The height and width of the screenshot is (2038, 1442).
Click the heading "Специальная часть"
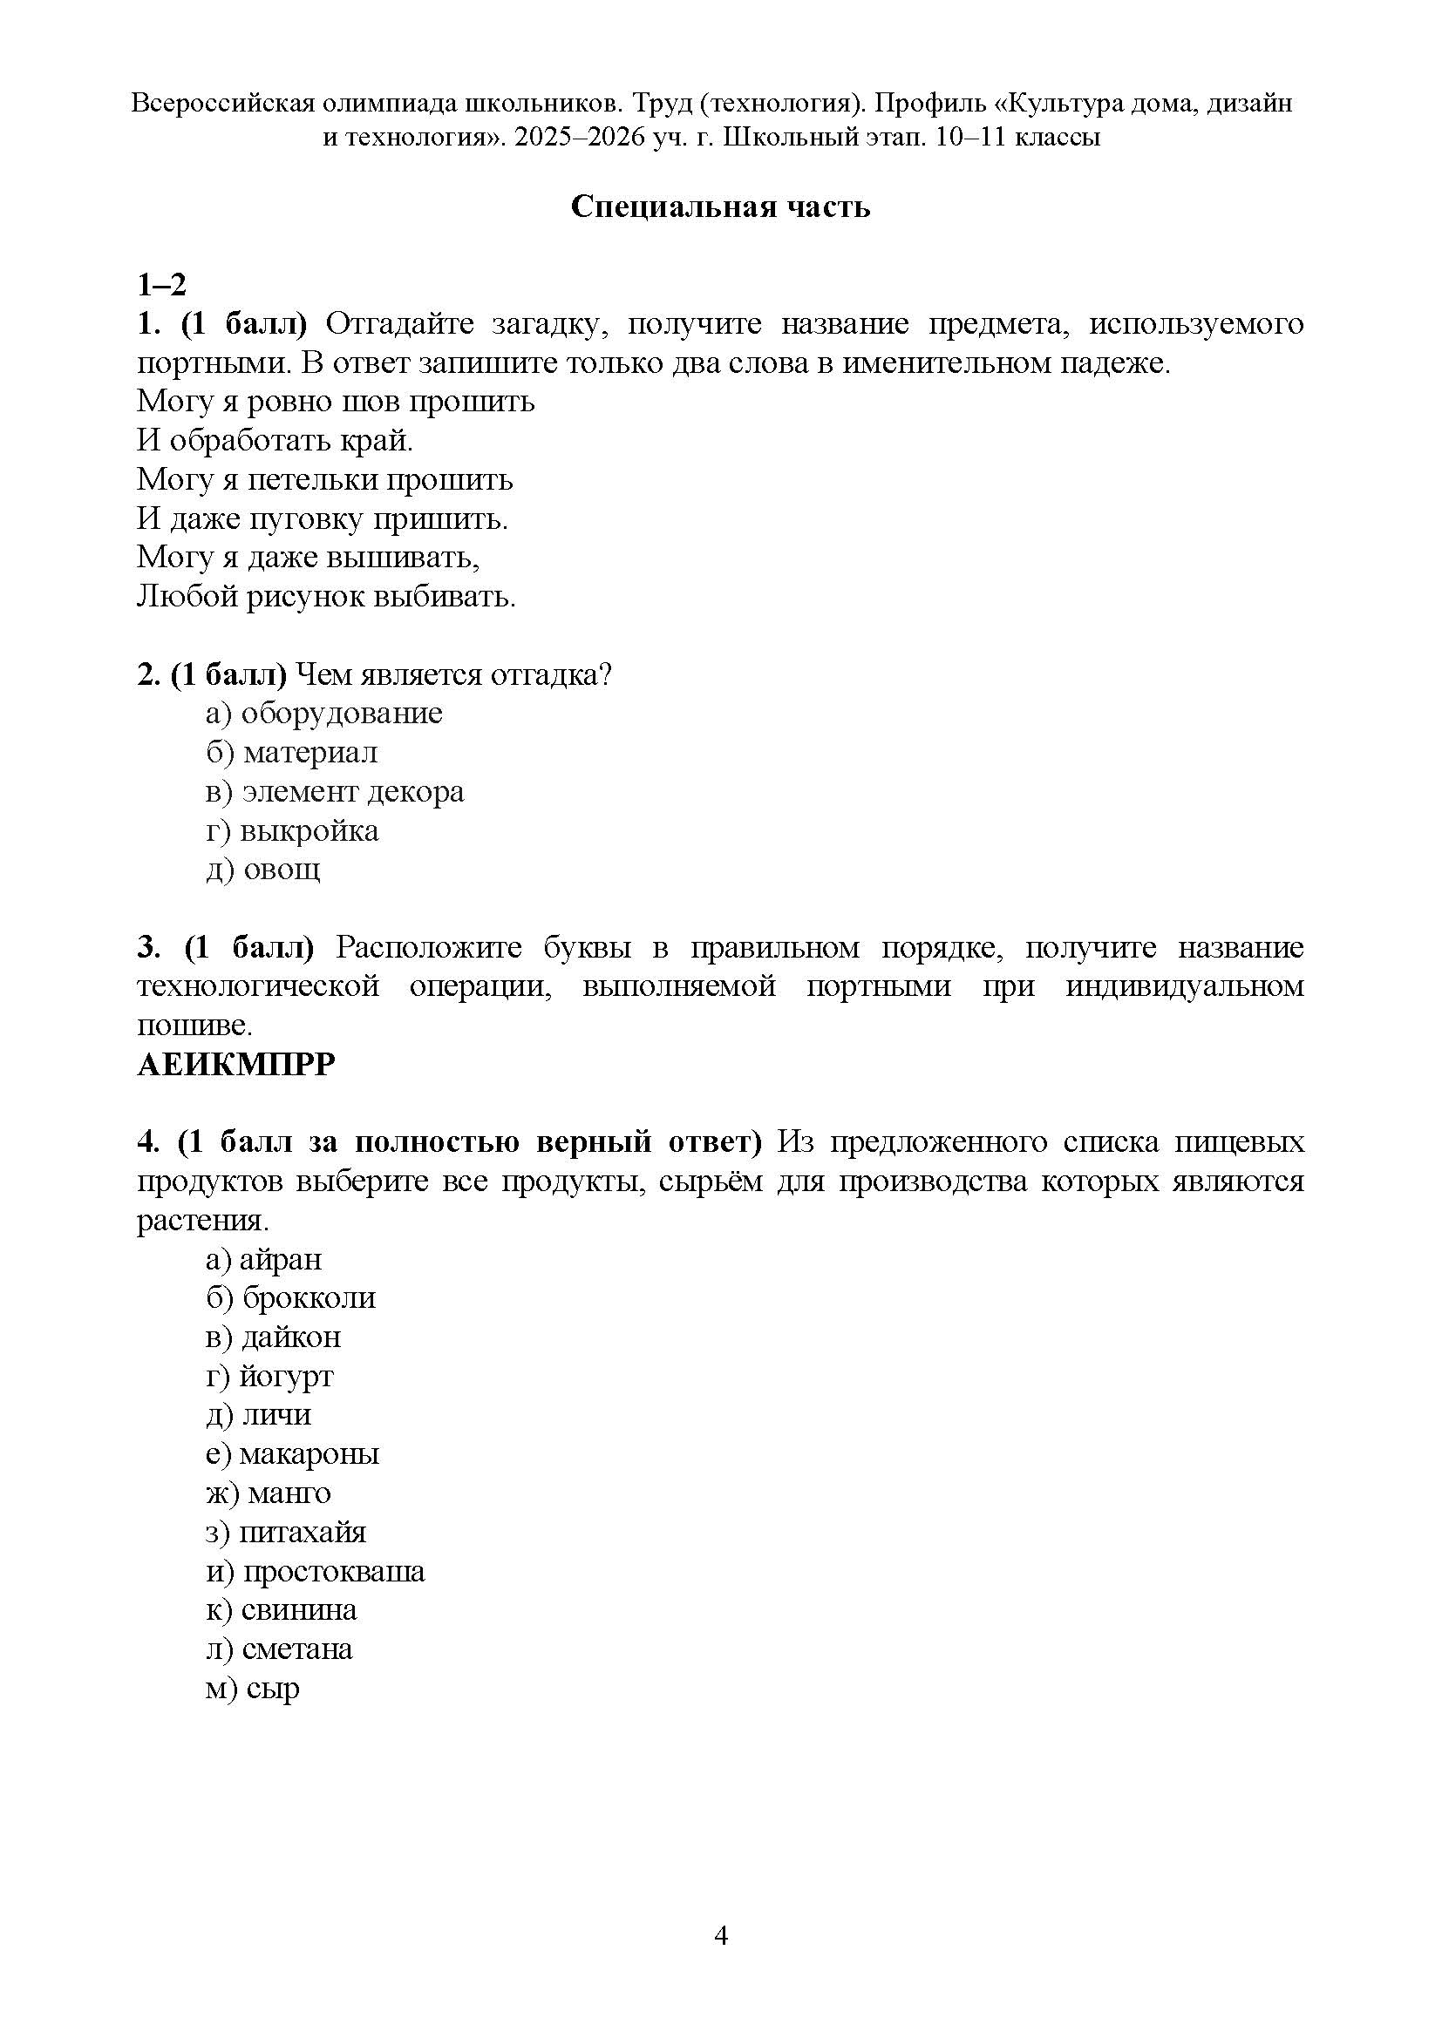point(720,207)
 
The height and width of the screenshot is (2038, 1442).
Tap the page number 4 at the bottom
point(721,1935)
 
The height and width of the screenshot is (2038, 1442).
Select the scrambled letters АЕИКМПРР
point(236,1064)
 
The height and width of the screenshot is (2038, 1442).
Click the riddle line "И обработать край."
point(275,440)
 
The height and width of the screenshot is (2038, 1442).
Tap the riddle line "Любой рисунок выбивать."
point(326,597)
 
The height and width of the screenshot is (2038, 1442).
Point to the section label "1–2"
point(161,285)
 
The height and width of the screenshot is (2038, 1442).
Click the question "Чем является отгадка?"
point(452,674)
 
